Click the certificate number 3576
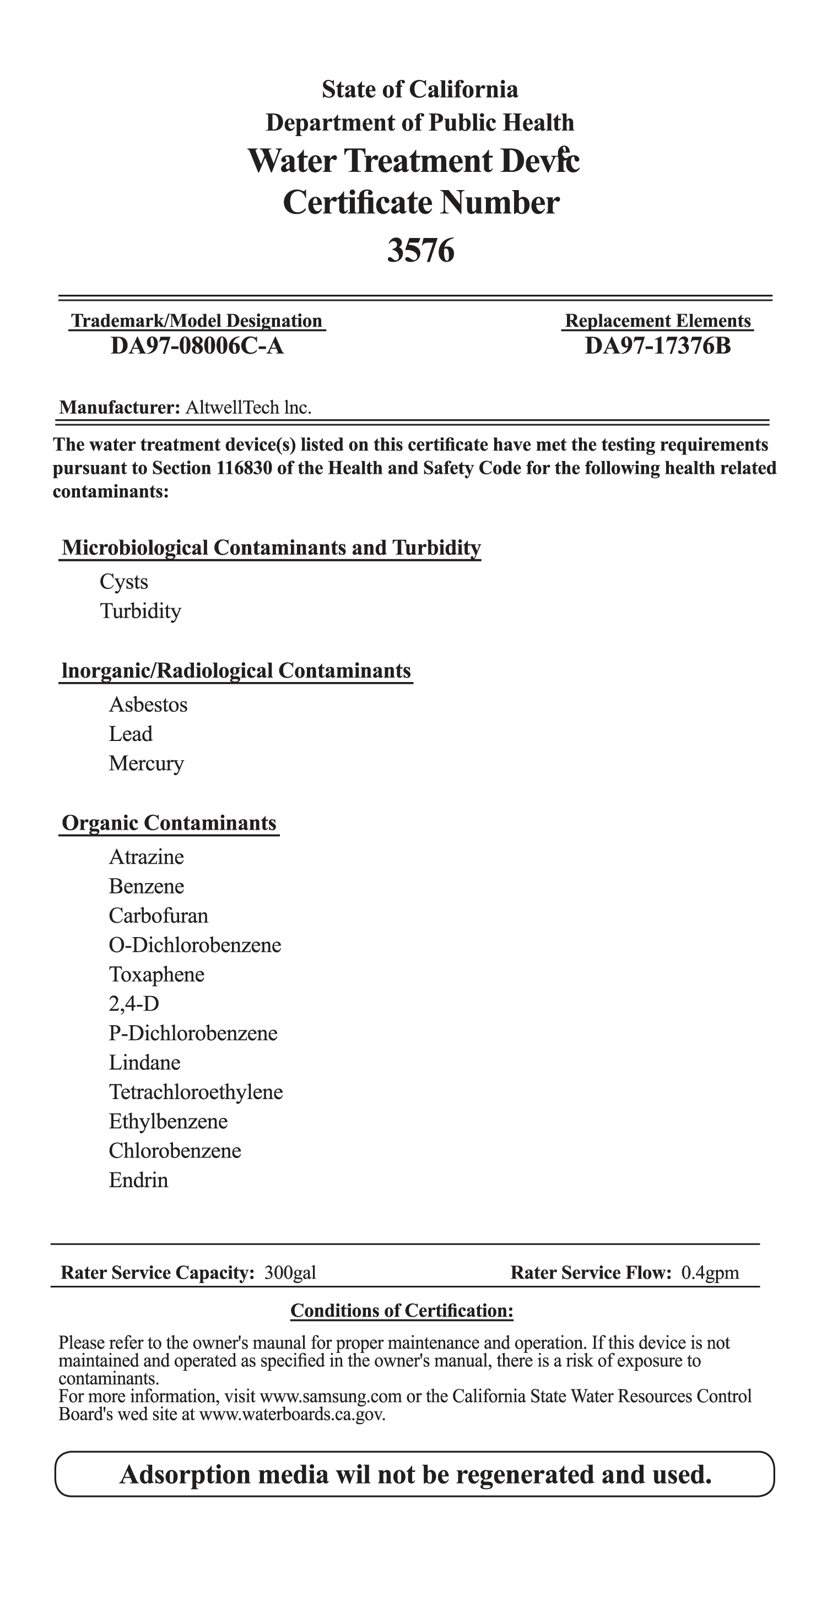[x=420, y=251]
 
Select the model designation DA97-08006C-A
[x=197, y=345]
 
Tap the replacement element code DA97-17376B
[x=657, y=345]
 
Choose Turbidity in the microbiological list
[x=140, y=611]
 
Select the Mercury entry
[x=146, y=763]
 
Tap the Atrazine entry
[x=146, y=857]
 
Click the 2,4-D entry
[x=133, y=1003]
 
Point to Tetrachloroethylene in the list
[x=196, y=1092]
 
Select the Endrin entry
[x=138, y=1179]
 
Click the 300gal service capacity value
[x=290, y=1273]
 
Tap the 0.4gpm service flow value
[x=710, y=1273]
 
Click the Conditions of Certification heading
[x=402, y=1310]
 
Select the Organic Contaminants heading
[x=169, y=823]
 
